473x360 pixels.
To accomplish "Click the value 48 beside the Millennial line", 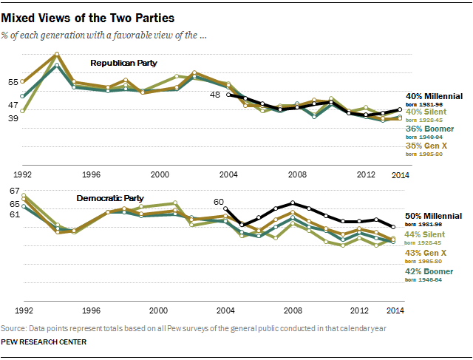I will click(x=215, y=95).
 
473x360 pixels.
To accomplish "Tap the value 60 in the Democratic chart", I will click(x=218, y=201).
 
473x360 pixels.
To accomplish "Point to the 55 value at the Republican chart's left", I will click(x=13, y=82).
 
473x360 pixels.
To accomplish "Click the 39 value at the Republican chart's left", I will click(x=13, y=117).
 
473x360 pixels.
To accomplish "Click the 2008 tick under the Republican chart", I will click(x=296, y=175).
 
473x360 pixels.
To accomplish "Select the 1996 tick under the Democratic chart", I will click(x=92, y=310).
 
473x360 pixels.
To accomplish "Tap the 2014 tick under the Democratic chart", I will click(x=399, y=310).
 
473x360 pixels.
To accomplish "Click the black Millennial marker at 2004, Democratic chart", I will click(x=226, y=208).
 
